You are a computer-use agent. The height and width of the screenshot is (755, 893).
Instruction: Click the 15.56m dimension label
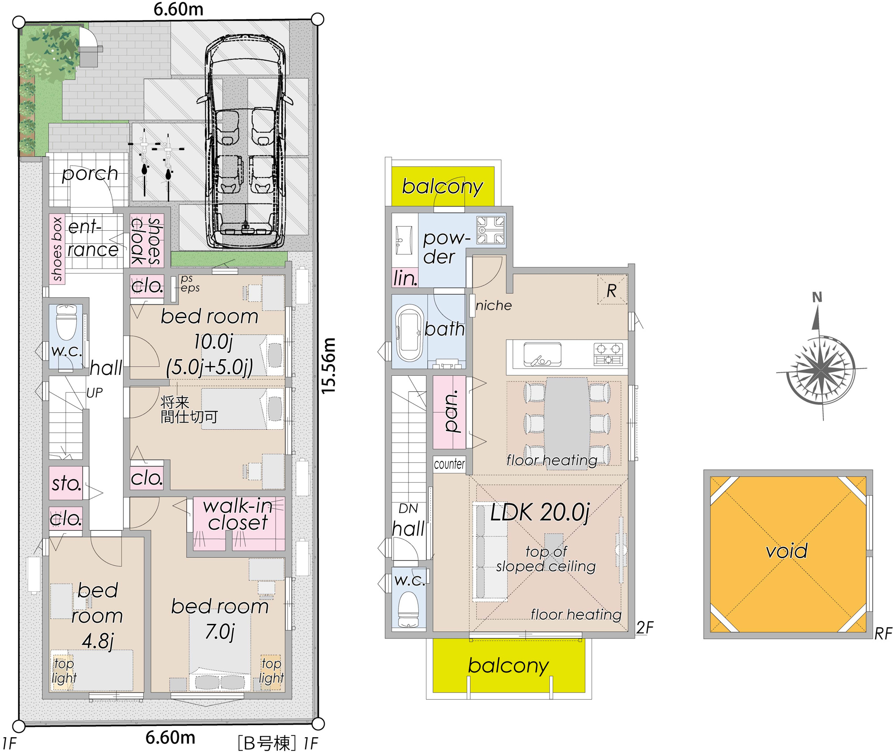(329, 366)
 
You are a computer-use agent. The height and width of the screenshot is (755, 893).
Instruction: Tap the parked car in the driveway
(245, 141)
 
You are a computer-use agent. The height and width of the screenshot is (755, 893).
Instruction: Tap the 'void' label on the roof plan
(787, 551)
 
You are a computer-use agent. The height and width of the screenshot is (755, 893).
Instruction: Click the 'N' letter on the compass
(817, 297)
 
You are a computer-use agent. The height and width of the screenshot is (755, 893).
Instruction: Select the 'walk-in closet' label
(238, 514)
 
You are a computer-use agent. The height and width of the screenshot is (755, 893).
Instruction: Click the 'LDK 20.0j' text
(540, 512)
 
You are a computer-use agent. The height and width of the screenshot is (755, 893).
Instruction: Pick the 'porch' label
(90, 174)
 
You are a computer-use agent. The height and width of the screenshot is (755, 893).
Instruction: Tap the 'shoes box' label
(57, 249)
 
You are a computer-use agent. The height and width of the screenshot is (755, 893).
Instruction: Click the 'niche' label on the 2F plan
(494, 306)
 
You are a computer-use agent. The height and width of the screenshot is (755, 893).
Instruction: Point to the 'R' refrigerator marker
(612, 291)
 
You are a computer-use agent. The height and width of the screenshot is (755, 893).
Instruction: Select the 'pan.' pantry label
(451, 412)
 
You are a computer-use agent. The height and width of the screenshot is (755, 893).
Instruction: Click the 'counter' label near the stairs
(449, 464)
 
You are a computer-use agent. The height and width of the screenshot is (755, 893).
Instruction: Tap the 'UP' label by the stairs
(94, 393)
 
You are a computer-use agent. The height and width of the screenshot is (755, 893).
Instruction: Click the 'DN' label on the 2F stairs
(408, 509)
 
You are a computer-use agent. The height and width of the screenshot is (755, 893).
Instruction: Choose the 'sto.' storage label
(67, 483)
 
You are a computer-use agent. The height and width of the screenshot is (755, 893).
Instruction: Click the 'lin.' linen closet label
(405, 278)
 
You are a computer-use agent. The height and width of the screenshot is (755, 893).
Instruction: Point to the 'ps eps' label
(190, 283)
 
